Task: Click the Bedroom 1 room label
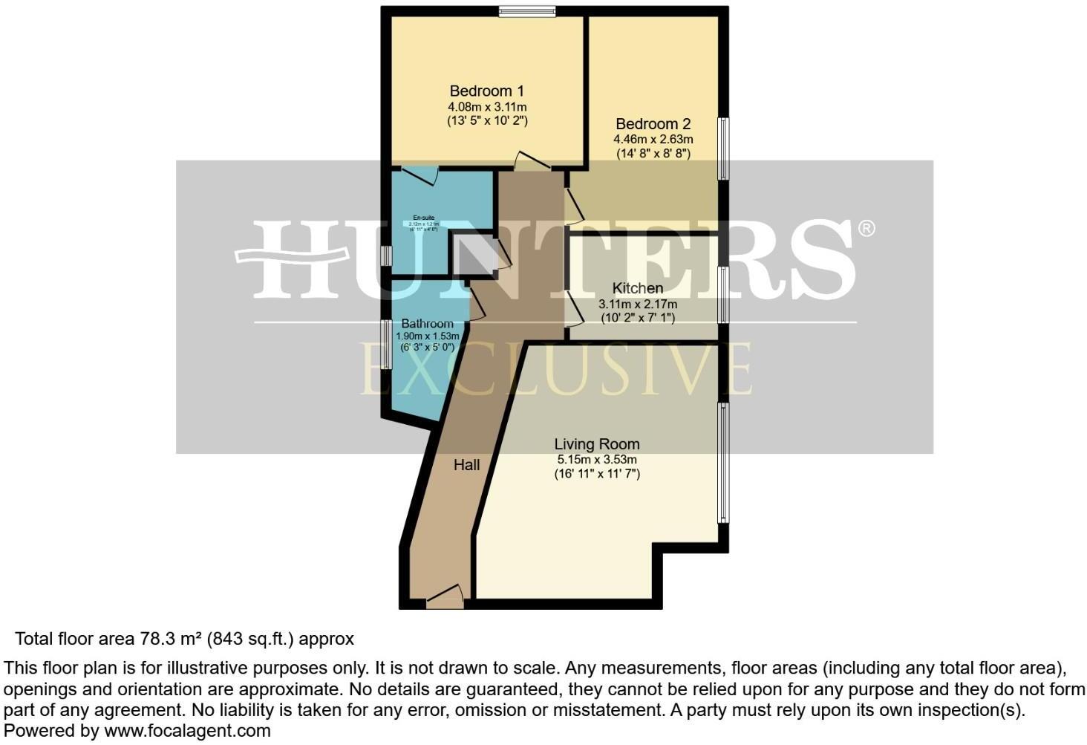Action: point(486,91)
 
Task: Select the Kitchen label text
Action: point(637,288)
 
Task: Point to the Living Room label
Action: point(596,444)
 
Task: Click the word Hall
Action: point(466,465)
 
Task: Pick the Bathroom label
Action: point(427,324)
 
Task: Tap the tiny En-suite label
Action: point(424,218)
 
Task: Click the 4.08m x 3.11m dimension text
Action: point(486,107)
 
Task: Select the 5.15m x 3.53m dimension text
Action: point(596,460)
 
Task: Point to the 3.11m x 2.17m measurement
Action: point(637,304)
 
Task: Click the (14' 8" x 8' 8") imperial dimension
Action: point(653,154)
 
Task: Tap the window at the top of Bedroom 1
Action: point(526,11)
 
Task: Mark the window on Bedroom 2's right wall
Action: point(723,149)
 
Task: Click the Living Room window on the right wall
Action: point(722,462)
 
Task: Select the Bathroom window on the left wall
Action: point(386,344)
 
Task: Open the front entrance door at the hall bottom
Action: point(444,597)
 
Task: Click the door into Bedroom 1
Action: point(532,162)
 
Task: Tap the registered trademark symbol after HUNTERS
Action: point(866,228)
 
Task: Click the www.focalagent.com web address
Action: point(187,731)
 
